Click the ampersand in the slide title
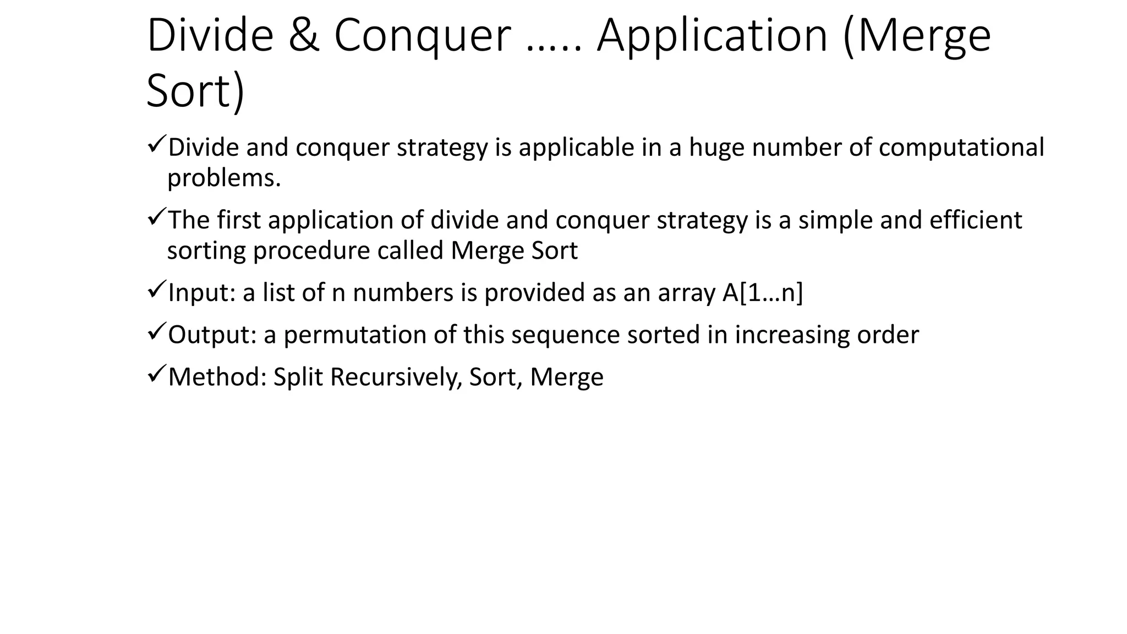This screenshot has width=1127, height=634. click(x=303, y=36)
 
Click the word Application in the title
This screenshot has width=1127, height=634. click(x=712, y=36)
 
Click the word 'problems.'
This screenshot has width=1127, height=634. click(x=224, y=178)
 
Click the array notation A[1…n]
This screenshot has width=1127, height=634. click(x=762, y=293)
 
